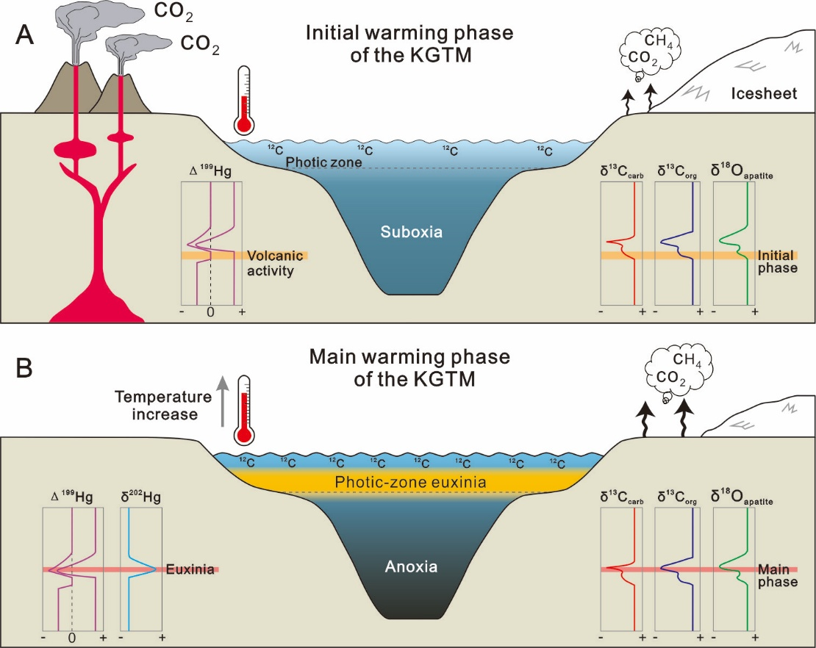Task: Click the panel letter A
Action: click(24, 35)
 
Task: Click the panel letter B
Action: click(24, 367)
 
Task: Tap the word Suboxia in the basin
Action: click(411, 231)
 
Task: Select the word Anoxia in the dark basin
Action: click(411, 566)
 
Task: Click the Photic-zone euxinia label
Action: click(410, 482)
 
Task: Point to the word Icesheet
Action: click(764, 93)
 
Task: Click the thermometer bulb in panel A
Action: click(243, 125)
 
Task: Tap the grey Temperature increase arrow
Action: click(223, 400)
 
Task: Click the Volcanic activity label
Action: click(275, 263)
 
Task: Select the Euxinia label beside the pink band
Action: click(190, 569)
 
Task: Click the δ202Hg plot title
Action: click(140, 497)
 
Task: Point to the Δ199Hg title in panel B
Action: click(72, 497)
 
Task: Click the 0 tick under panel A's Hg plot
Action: click(210, 312)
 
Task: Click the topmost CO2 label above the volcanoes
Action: click(173, 12)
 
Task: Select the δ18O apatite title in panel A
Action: click(742, 171)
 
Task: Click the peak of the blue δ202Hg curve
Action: click(156, 569)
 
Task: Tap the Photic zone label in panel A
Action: click(323, 162)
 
